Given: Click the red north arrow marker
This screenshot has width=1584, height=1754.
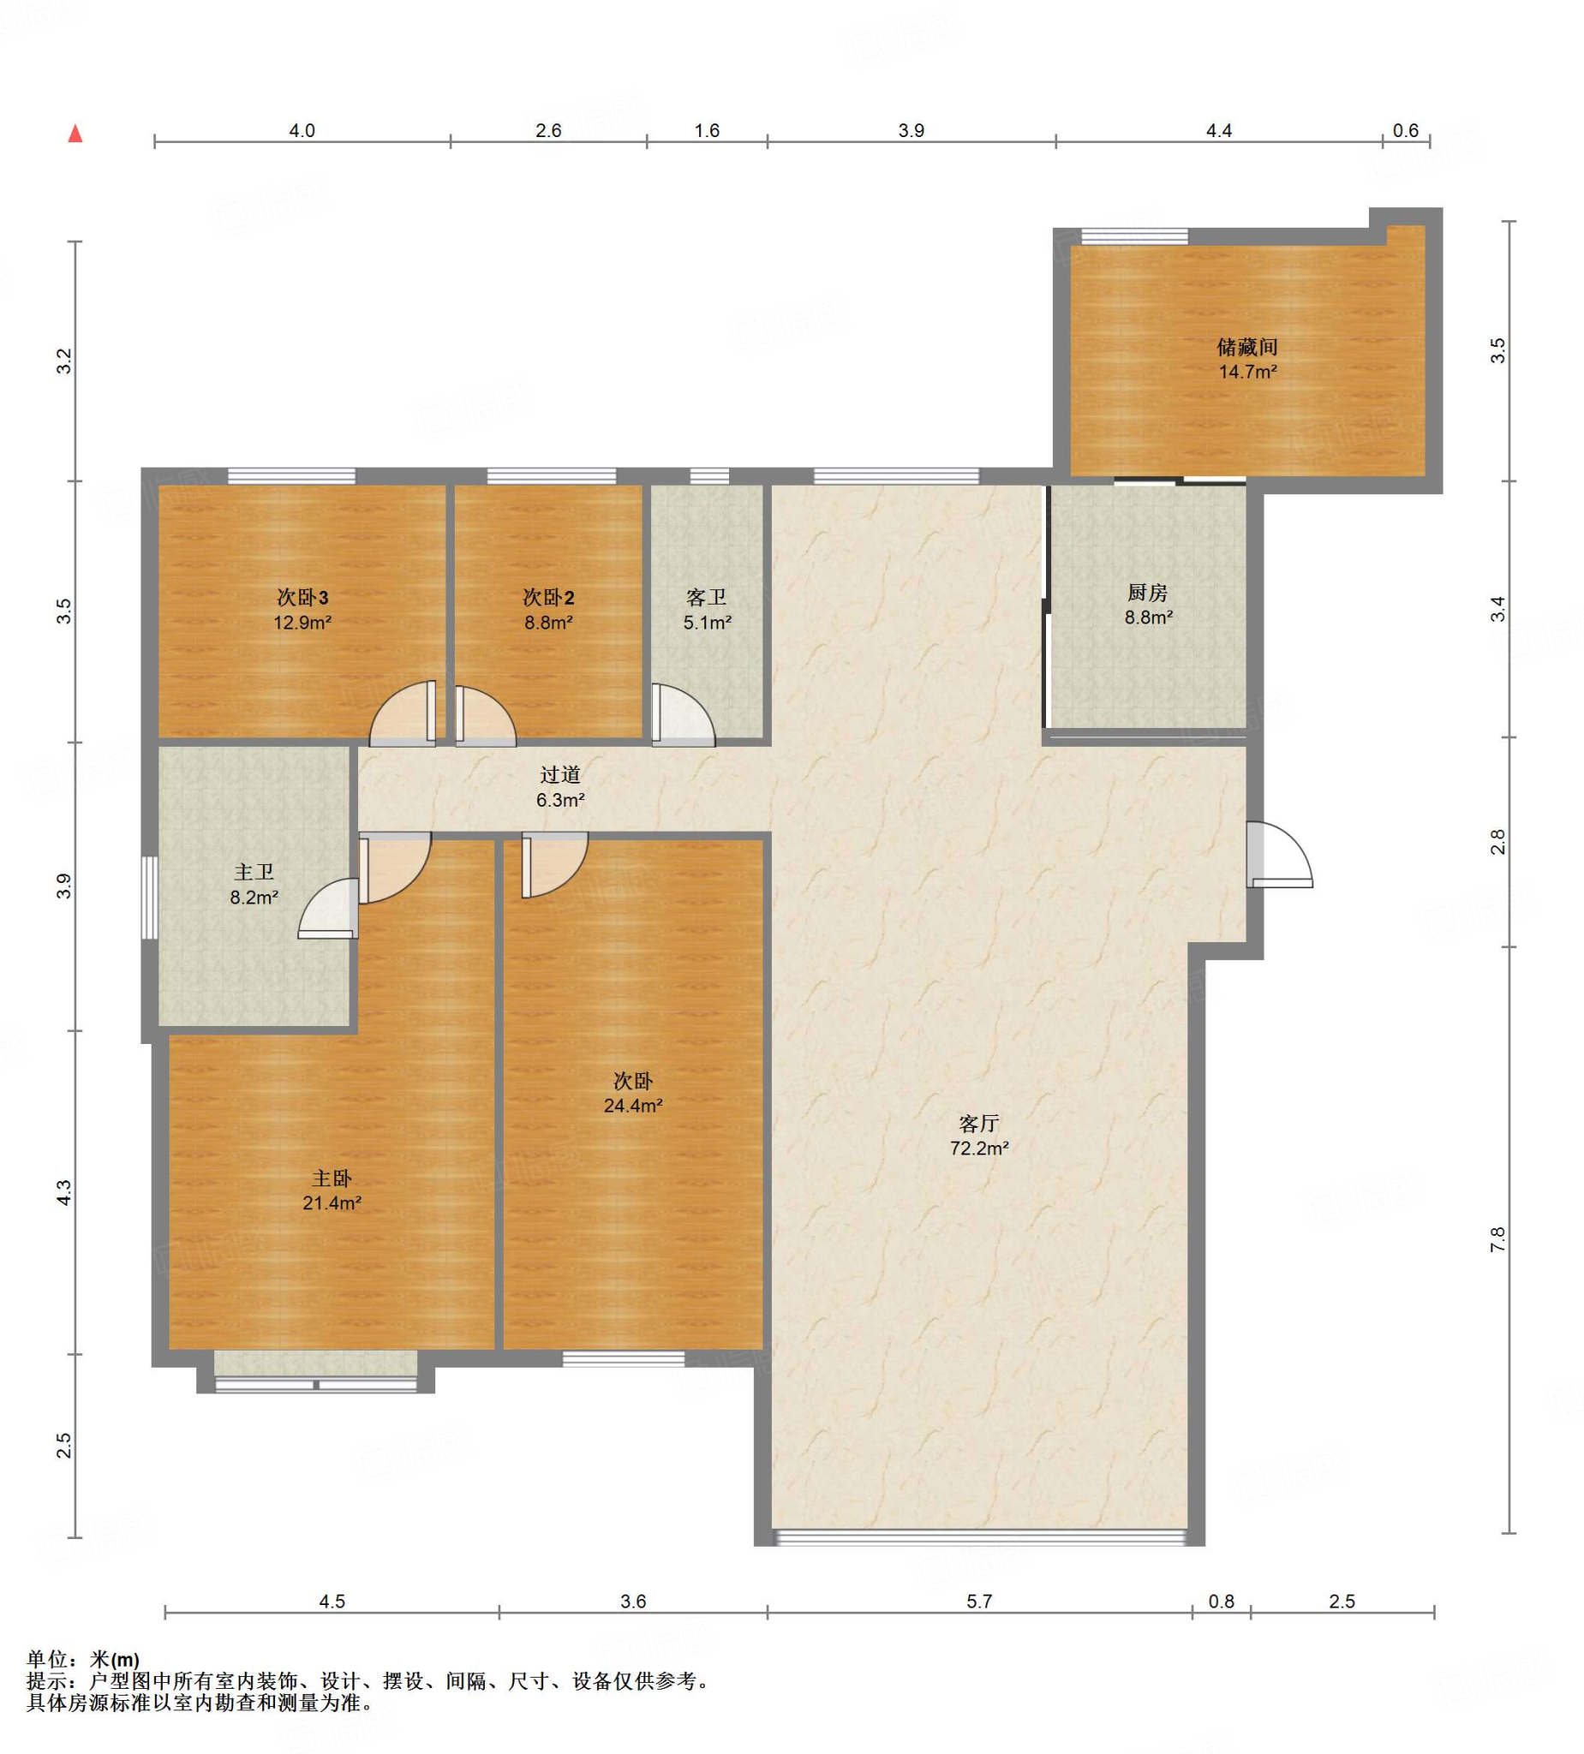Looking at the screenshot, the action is click(75, 133).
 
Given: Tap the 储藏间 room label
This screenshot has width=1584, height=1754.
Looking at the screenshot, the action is click(1247, 347).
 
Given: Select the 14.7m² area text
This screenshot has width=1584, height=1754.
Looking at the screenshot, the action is click(1247, 373).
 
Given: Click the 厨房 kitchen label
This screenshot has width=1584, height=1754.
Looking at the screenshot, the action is click(1147, 593).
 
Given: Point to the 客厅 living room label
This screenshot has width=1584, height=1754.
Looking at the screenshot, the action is click(979, 1123).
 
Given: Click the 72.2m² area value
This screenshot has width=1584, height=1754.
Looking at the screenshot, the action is click(979, 1148).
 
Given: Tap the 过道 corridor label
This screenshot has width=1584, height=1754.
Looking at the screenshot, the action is click(559, 774).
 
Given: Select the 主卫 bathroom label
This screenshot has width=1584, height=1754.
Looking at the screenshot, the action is click(254, 872).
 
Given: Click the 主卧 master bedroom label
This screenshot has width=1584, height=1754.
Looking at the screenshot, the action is click(332, 1178).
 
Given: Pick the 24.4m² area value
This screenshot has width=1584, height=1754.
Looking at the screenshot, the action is click(633, 1106).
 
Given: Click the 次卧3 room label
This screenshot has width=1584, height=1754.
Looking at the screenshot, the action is click(302, 597).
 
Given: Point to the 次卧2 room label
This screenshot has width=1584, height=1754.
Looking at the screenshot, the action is click(548, 597).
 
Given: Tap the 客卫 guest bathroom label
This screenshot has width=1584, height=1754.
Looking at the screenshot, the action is click(706, 597).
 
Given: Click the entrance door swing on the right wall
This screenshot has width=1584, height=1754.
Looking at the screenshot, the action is click(1279, 855).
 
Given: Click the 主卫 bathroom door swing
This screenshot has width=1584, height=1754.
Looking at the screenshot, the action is click(328, 909).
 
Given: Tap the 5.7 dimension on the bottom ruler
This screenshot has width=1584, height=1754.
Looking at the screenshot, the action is click(979, 1601).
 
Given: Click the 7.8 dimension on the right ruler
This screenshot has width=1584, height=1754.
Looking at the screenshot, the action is click(1497, 1240).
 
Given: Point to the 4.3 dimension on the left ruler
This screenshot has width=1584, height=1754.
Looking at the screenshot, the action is click(63, 1193).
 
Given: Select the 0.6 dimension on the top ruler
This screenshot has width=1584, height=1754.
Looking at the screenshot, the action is click(1406, 130).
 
